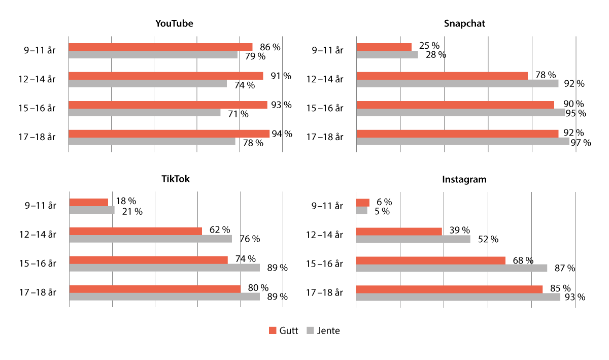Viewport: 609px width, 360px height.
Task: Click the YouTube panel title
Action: [x=174, y=24]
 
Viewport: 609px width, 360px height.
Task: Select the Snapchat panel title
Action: [x=464, y=24]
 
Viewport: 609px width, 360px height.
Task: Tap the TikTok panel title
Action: [x=176, y=179]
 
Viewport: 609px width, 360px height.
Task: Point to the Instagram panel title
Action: [x=464, y=179]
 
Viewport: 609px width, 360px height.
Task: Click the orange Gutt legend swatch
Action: [x=272, y=331]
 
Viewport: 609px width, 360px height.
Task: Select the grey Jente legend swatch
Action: [x=310, y=331]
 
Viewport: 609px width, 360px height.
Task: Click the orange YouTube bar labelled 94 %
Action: [x=169, y=134]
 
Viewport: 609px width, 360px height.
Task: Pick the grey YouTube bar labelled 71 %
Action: [x=145, y=113]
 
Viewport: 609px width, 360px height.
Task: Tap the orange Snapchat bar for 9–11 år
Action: [x=384, y=47]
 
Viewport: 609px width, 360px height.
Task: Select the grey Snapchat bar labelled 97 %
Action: [x=463, y=142]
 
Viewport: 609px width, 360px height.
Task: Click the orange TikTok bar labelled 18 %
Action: [x=89, y=202]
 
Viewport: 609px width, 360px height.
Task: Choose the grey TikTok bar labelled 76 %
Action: [x=151, y=239]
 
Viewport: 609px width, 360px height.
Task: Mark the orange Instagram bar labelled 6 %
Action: [x=363, y=203]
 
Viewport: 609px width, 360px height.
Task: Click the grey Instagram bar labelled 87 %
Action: [x=452, y=268]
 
